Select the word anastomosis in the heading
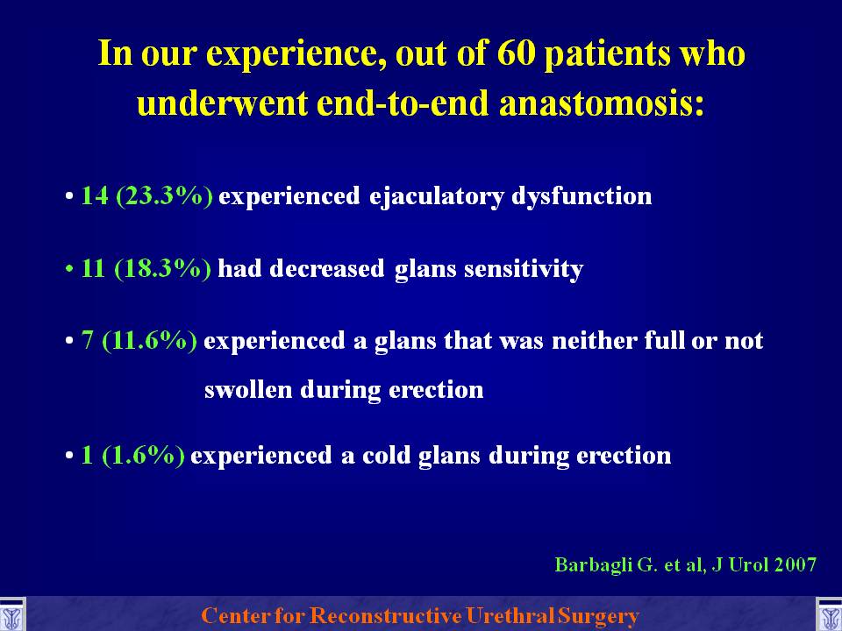602,103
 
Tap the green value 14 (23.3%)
146,195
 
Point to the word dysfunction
582,195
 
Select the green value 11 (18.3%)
146,268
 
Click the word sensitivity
524,269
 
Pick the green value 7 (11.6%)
139,341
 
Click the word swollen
248,389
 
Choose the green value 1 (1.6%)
132,456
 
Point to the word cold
386,456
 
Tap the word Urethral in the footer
510,615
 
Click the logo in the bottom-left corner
11,615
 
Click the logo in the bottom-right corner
829,615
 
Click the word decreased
327,268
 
